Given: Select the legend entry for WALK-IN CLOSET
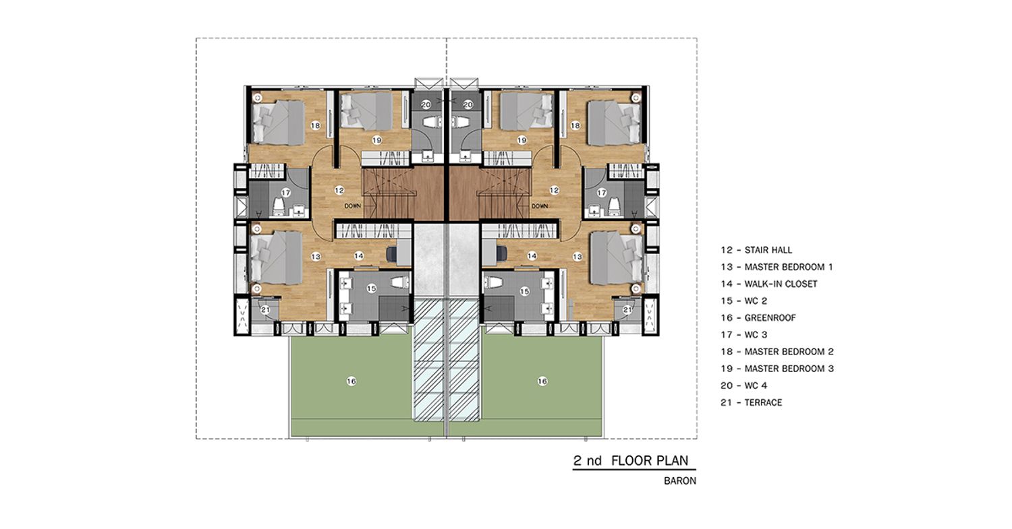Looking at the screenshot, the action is click(x=769, y=284).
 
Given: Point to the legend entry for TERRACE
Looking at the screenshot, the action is click(x=752, y=402).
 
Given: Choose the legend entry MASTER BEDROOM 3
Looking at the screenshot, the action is click(x=777, y=369).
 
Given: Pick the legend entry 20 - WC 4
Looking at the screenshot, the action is click(x=744, y=385).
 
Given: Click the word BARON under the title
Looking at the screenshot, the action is click(x=680, y=481).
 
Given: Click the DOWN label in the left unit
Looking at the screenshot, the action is click(x=353, y=206).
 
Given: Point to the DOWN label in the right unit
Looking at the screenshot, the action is click(x=540, y=206).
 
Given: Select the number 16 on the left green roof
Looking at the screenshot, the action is click(x=352, y=381).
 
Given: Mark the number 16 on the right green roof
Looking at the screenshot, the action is click(x=542, y=381).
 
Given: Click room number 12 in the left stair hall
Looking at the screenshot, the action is click(x=339, y=191).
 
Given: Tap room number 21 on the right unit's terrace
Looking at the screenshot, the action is click(x=627, y=310).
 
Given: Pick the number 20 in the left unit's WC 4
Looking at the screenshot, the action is click(x=426, y=104).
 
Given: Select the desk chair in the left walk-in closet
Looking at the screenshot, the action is click(x=392, y=253).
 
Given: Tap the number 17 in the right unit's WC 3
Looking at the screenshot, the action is click(x=601, y=193).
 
